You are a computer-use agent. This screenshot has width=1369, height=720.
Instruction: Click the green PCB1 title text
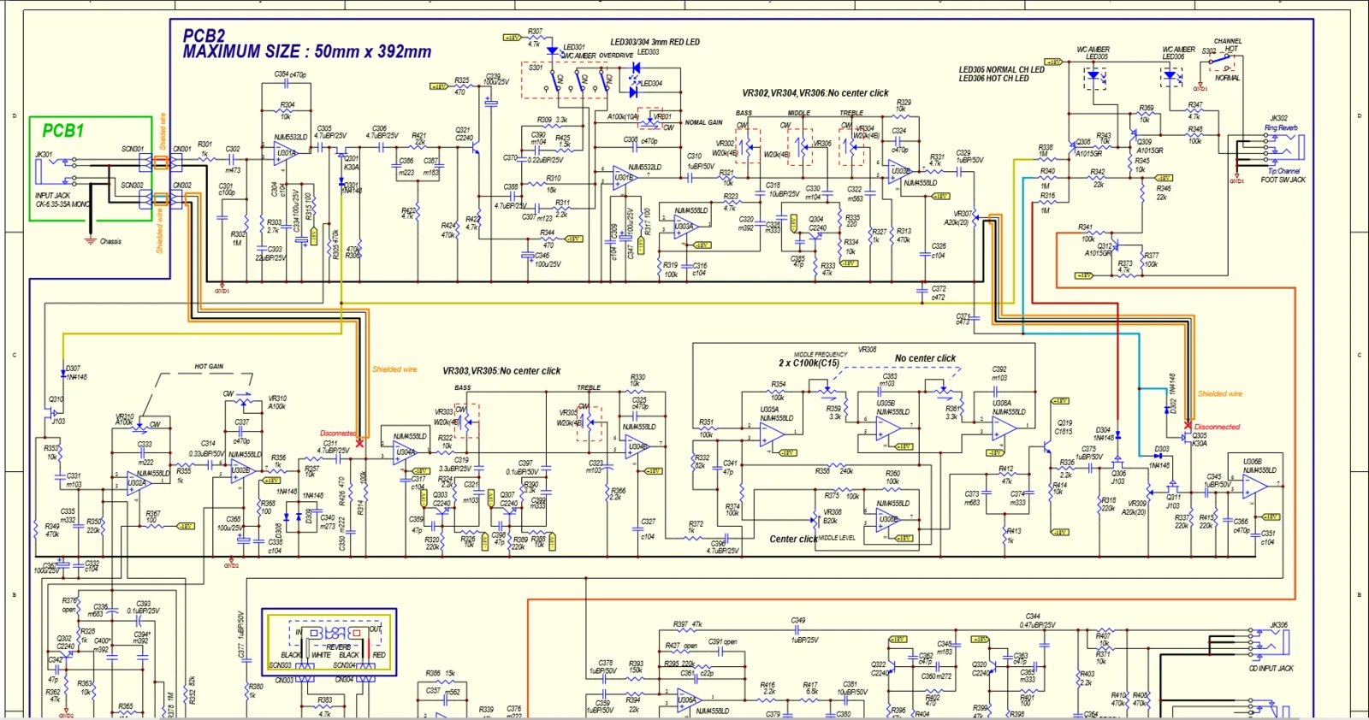coord(63,131)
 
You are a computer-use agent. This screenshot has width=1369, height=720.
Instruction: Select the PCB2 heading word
coord(204,36)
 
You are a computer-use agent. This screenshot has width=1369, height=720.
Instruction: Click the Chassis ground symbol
coord(91,240)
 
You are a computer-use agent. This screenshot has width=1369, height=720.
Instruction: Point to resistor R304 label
coord(287,105)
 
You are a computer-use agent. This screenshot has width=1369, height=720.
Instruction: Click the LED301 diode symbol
coord(552,51)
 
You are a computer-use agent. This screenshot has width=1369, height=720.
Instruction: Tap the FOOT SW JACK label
coord(1283,180)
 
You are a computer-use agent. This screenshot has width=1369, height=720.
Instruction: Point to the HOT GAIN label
coord(209,366)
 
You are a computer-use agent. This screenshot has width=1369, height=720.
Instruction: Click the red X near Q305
coord(1188,425)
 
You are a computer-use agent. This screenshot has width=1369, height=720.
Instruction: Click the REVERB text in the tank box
coord(338,646)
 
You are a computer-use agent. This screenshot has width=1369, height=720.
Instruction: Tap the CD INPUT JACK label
coord(1271,668)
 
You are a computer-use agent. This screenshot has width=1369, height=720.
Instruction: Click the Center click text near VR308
coord(792,539)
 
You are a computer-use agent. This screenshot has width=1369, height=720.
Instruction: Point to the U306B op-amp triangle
coord(1254,486)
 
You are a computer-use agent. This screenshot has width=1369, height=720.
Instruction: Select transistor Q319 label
coord(1064,422)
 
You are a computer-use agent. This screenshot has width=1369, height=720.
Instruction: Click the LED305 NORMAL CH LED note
coord(1001,70)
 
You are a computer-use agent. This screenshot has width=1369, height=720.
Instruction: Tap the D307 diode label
coord(73,369)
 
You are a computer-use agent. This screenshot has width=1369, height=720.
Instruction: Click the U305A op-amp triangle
coord(773,434)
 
